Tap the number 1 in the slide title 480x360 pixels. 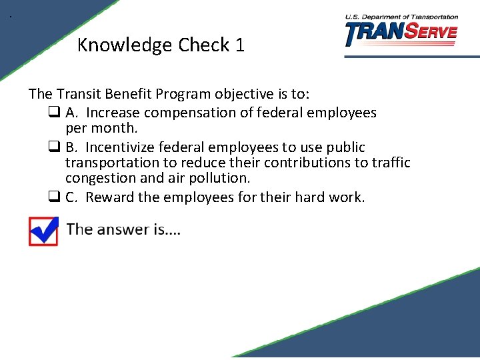pyautogui.click(x=239, y=45)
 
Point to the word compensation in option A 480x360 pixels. pyautogui.click(x=190, y=113)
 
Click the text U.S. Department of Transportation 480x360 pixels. pyautogui.click(x=401, y=17)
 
